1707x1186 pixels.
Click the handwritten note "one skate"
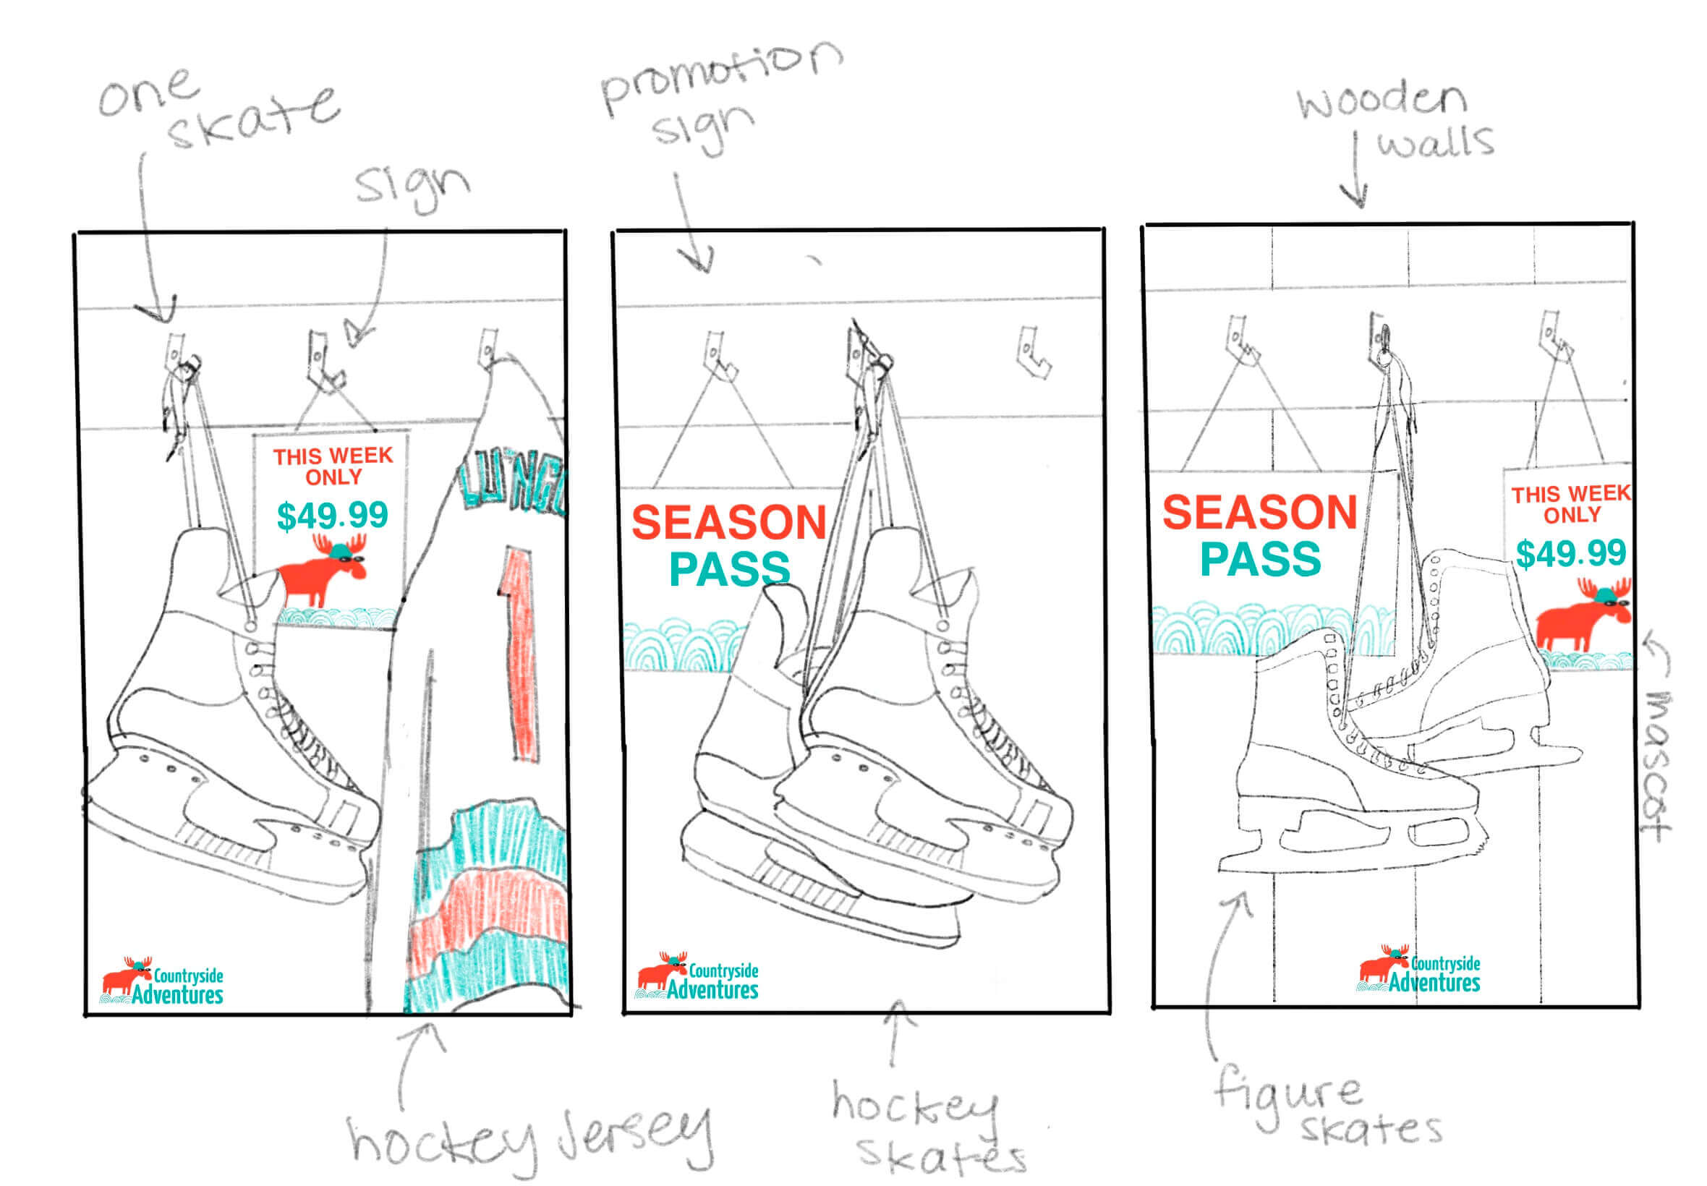coord(216,110)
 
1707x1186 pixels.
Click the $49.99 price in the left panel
coord(332,515)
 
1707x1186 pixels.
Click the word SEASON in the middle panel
coord(728,522)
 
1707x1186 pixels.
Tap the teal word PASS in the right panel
coord(1261,559)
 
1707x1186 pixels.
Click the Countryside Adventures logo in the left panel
coord(162,981)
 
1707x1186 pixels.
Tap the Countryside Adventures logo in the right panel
coord(1419,969)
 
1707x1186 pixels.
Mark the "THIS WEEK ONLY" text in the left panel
coord(332,466)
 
